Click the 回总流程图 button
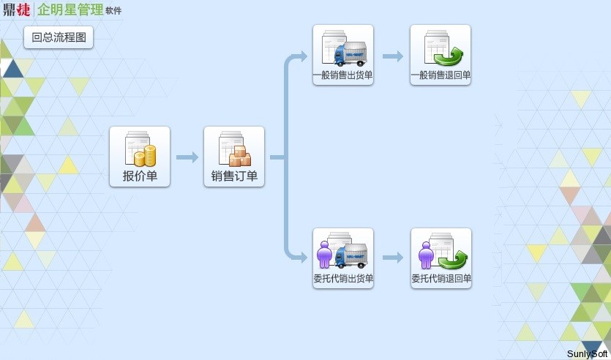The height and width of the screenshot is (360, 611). pos(59,37)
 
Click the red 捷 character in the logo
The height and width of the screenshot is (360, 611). pos(23,10)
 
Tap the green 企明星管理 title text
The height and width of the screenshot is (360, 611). pos(70,10)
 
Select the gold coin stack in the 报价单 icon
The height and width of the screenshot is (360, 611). pos(149,156)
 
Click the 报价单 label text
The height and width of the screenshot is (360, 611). pos(140,176)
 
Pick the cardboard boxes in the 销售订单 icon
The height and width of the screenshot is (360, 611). pos(240,157)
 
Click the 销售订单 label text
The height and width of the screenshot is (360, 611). pos(234,176)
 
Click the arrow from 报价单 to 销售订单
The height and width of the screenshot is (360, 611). pos(187,157)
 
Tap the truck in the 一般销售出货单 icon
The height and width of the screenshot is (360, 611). pos(350,55)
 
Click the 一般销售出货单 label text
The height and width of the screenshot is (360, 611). pos(343,75)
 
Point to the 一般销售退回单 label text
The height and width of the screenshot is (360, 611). pos(441,75)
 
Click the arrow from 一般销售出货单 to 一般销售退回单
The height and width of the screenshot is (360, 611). pos(393,56)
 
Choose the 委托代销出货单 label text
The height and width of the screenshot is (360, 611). pos(343,278)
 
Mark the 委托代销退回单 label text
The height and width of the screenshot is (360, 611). pos(441,278)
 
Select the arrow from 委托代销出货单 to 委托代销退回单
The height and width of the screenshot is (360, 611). pos(393,258)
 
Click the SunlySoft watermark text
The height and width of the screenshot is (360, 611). pos(588,354)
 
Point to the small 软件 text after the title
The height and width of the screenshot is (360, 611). pos(114,12)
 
